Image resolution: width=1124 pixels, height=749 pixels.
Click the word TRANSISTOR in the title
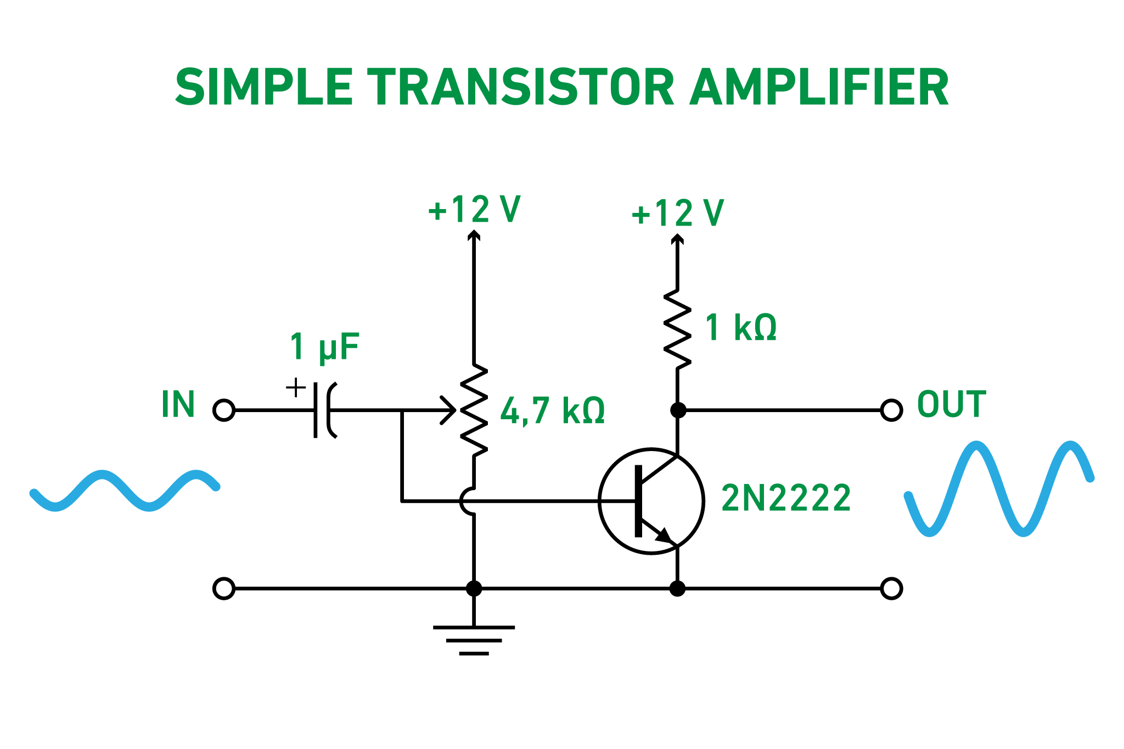pos(520,88)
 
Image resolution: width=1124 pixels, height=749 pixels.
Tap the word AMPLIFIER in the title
pos(819,88)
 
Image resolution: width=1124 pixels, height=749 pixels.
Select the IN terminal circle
pos(223,410)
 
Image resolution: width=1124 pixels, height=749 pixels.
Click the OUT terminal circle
pos(891,410)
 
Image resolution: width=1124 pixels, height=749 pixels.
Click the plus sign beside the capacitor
pos(296,387)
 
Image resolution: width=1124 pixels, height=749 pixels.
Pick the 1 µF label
pos(324,347)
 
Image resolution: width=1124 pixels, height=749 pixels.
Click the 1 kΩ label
pos(740,328)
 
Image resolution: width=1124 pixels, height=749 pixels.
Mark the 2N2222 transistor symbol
pos(651,500)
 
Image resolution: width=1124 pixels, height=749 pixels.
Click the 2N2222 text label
pos(785,498)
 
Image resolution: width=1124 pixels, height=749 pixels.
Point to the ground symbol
pos(474,640)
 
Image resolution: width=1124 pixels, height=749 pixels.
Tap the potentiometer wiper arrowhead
pos(451,410)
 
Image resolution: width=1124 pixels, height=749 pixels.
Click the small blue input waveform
pos(124,490)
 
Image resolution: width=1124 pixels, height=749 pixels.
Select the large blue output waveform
pos(999,488)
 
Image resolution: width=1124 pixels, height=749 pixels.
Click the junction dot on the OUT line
pos(678,410)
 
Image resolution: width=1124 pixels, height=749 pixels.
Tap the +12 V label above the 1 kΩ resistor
pos(678,213)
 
